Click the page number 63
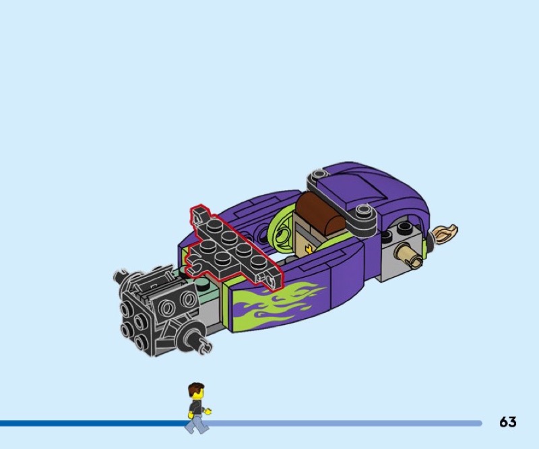[x=508, y=421]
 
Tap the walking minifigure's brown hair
[x=195, y=388]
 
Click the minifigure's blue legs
[x=196, y=423]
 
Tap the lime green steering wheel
[x=281, y=231]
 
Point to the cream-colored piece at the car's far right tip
[x=446, y=233]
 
